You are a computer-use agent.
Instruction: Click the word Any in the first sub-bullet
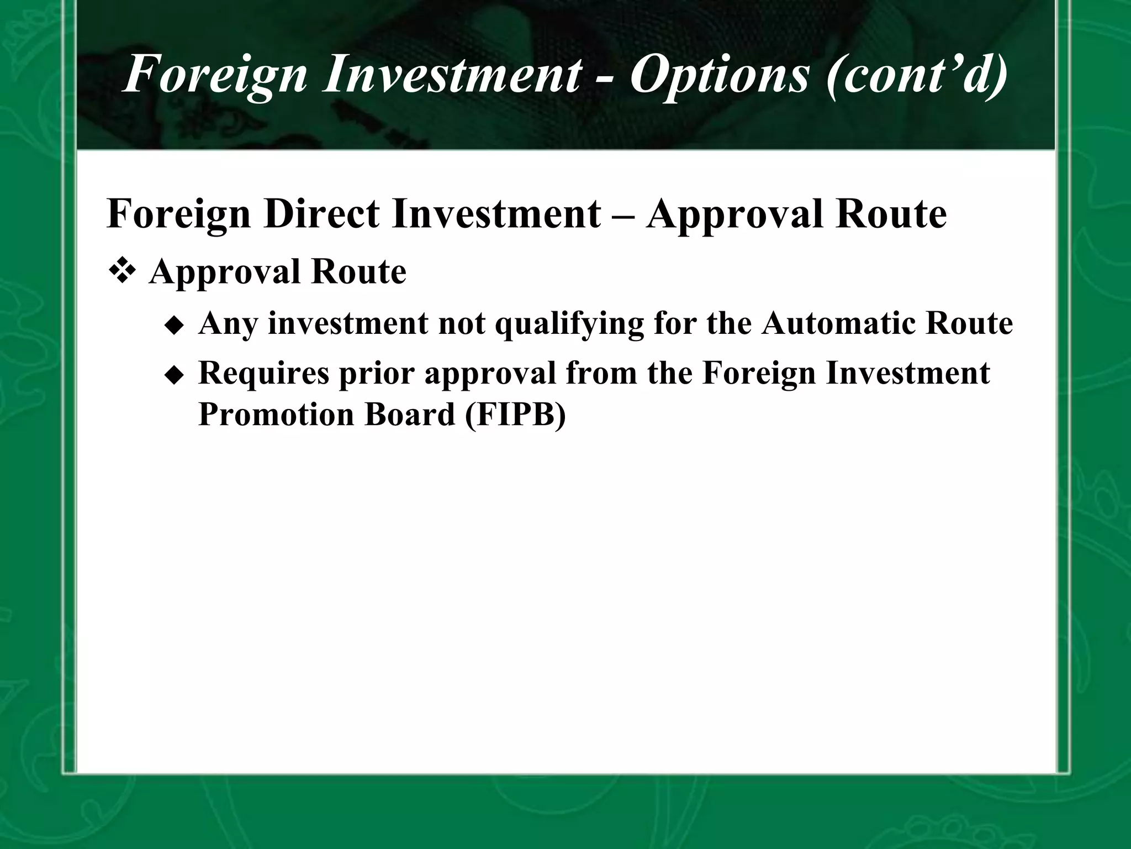229,324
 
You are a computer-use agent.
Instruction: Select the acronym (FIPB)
516,415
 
